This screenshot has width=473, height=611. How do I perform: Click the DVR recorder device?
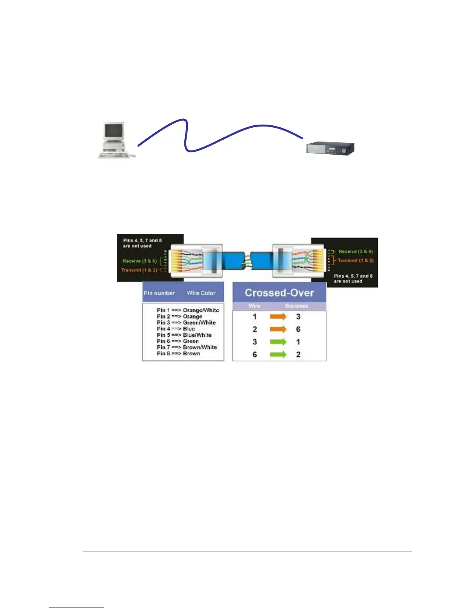click(x=330, y=149)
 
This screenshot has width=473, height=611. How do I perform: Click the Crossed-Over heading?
click(x=279, y=293)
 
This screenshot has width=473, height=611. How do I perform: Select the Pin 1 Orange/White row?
click(x=188, y=310)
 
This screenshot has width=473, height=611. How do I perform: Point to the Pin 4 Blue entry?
click(x=176, y=329)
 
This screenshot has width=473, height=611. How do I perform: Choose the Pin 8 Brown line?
click(x=179, y=353)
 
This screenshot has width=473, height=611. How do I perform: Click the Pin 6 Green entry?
click(x=178, y=341)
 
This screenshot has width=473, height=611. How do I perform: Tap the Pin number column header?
click(x=159, y=293)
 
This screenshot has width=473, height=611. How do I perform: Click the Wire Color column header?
click(x=201, y=293)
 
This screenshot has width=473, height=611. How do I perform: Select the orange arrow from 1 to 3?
click(x=278, y=317)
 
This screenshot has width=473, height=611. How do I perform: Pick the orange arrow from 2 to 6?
click(x=278, y=329)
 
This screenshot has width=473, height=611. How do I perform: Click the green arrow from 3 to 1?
click(x=278, y=342)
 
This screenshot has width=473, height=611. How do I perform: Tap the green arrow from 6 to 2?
click(x=278, y=354)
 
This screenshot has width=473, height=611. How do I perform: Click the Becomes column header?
click(x=296, y=306)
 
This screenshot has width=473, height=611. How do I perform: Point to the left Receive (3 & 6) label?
click(x=140, y=261)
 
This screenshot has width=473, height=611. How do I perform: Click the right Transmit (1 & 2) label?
click(x=356, y=260)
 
